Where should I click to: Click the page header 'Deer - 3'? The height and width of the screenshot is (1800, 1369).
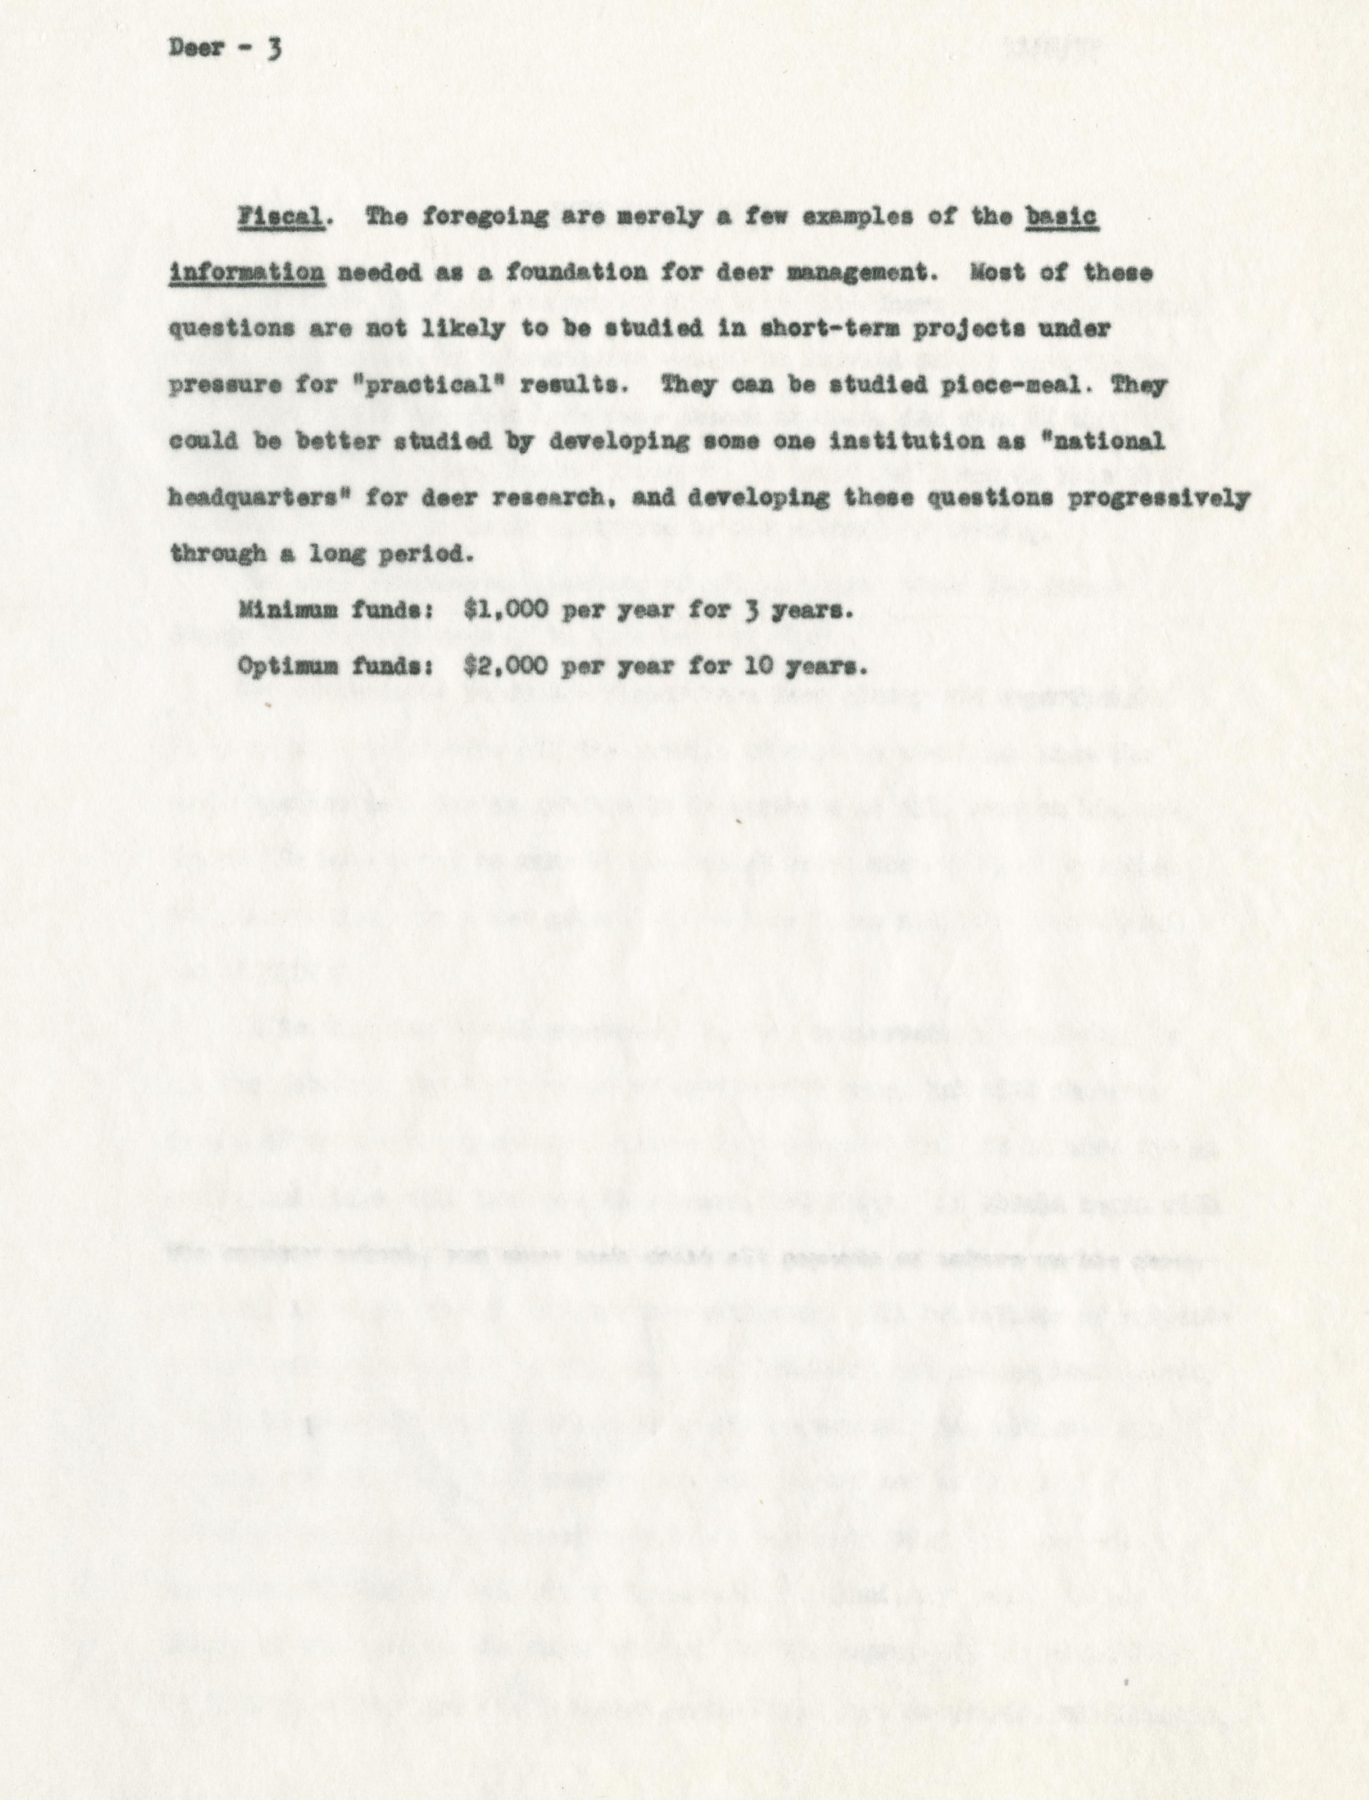[224, 48]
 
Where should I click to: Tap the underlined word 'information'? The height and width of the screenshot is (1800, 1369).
[247, 274]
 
